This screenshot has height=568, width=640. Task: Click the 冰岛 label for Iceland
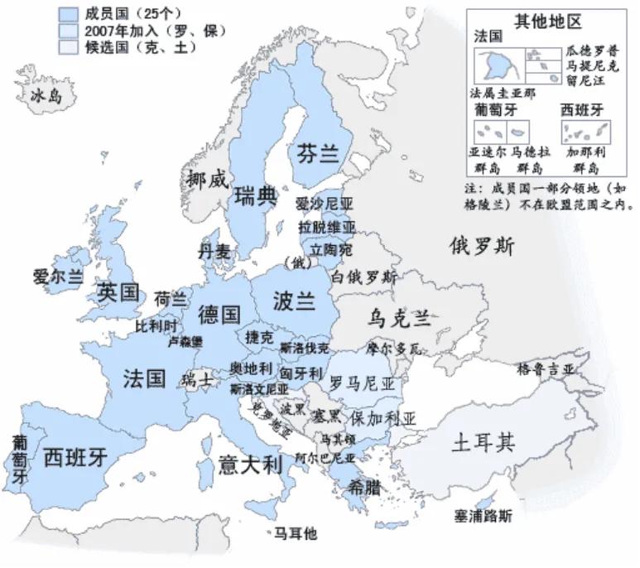pyautogui.click(x=46, y=98)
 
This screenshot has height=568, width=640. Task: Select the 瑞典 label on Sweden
pyautogui.click(x=255, y=196)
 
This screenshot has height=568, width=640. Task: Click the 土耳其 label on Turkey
pyautogui.click(x=484, y=443)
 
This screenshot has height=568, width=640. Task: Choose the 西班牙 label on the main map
pyautogui.click(x=75, y=456)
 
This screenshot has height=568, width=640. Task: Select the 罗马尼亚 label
pyautogui.click(x=362, y=383)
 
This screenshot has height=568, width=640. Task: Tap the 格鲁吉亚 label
pyautogui.click(x=546, y=368)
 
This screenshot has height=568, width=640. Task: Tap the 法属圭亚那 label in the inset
pyautogui.click(x=503, y=92)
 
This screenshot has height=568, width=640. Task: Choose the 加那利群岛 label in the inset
pyautogui.click(x=586, y=160)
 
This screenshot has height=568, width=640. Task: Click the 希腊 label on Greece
pyautogui.click(x=365, y=488)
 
